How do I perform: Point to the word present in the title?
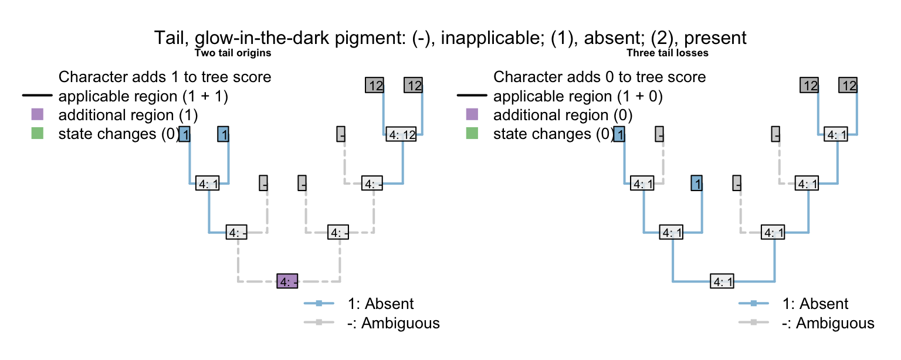(715, 39)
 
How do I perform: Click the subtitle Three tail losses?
(668, 53)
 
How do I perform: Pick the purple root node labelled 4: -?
(288, 281)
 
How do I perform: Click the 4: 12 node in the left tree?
(402, 134)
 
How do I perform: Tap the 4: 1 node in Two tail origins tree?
(209, 184)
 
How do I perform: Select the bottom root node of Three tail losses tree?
(722, 281)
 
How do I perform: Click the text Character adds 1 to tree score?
(165, 77)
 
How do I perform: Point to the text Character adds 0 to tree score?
(599, 77)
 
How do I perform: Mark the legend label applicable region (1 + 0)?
(578, 96)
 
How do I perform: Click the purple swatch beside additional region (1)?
(37, 115)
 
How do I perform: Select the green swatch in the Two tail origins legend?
(37, 134)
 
